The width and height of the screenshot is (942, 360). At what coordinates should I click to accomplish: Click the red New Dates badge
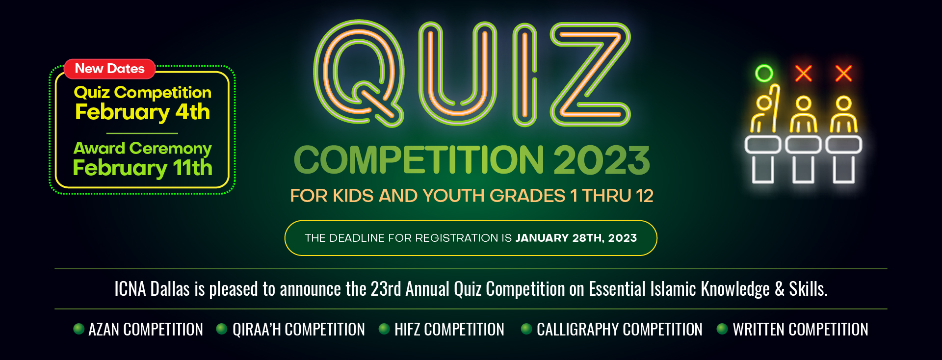point(109,69)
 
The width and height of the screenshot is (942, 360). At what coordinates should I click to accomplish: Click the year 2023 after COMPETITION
point(602,160)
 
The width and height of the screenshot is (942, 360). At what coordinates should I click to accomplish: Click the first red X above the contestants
point(804,74)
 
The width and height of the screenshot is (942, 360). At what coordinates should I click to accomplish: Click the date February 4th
point(142,112)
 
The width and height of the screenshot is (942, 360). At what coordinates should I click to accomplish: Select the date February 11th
point(142,168)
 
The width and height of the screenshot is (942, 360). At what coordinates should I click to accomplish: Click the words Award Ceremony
point(142,148)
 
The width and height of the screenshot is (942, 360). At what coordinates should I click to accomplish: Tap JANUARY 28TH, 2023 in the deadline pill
point(576,238)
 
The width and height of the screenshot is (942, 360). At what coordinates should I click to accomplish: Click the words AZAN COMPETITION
point(145,329)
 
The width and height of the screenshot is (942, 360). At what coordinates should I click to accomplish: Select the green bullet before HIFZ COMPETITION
point(384,329)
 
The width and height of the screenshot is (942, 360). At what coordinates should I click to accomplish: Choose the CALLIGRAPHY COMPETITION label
point(619,329)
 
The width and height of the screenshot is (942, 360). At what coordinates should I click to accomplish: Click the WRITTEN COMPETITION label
point(800,329)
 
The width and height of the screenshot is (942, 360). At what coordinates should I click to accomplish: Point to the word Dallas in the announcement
point(170,289)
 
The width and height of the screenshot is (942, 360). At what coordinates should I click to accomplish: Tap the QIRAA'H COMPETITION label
point(298,329)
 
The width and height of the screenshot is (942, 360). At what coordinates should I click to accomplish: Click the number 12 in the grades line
point(645,196)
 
